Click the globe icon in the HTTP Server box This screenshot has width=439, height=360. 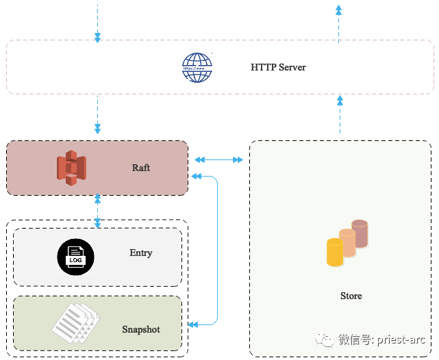pyautogui.click(x=197, y=68)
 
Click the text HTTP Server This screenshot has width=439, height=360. pyautogui.click(x=278, y=68)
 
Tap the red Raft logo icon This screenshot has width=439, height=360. pyautogui.click(x=71, y=168)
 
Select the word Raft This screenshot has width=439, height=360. pyautogui.click(x=141, y=168)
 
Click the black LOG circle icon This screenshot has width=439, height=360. pyautogui.click(x=75, y=257)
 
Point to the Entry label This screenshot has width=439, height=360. pyautogui.click(x=141, y=253)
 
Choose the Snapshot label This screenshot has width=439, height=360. pyautogui.click(x=141, y=330)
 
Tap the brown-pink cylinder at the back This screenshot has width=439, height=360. pyautogui.click(x=360, y=233)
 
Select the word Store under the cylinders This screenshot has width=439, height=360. pyautogui.click(x=351, y=296)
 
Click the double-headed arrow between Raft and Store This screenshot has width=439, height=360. pyautogui.click(x=218, y=160)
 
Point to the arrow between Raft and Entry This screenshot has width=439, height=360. pyautogui.click(x=98, y=210)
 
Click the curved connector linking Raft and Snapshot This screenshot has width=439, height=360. pyautogui.click(x=217, y=250)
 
